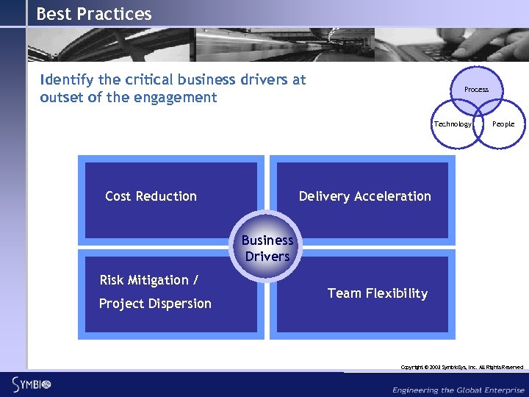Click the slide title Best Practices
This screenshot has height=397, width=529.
click(94, 14)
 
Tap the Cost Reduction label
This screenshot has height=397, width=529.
click(151, 196)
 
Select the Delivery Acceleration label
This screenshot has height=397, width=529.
click(364, 196)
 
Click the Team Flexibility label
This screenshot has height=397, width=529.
click(377, 293)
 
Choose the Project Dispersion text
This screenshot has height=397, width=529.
click(155, 304)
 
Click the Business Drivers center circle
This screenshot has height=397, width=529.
click(267, 248)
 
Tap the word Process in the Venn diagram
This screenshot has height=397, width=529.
click(476, 90)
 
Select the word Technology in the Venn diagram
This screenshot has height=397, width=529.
click(453, 124)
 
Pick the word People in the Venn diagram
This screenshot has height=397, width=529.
click(503, 124)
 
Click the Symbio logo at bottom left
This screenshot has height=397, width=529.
click(31, 383)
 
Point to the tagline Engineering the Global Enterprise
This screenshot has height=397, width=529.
click(458, 389)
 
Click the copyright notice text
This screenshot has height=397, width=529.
click(461, 367)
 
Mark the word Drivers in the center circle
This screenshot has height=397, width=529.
click(267, 257)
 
